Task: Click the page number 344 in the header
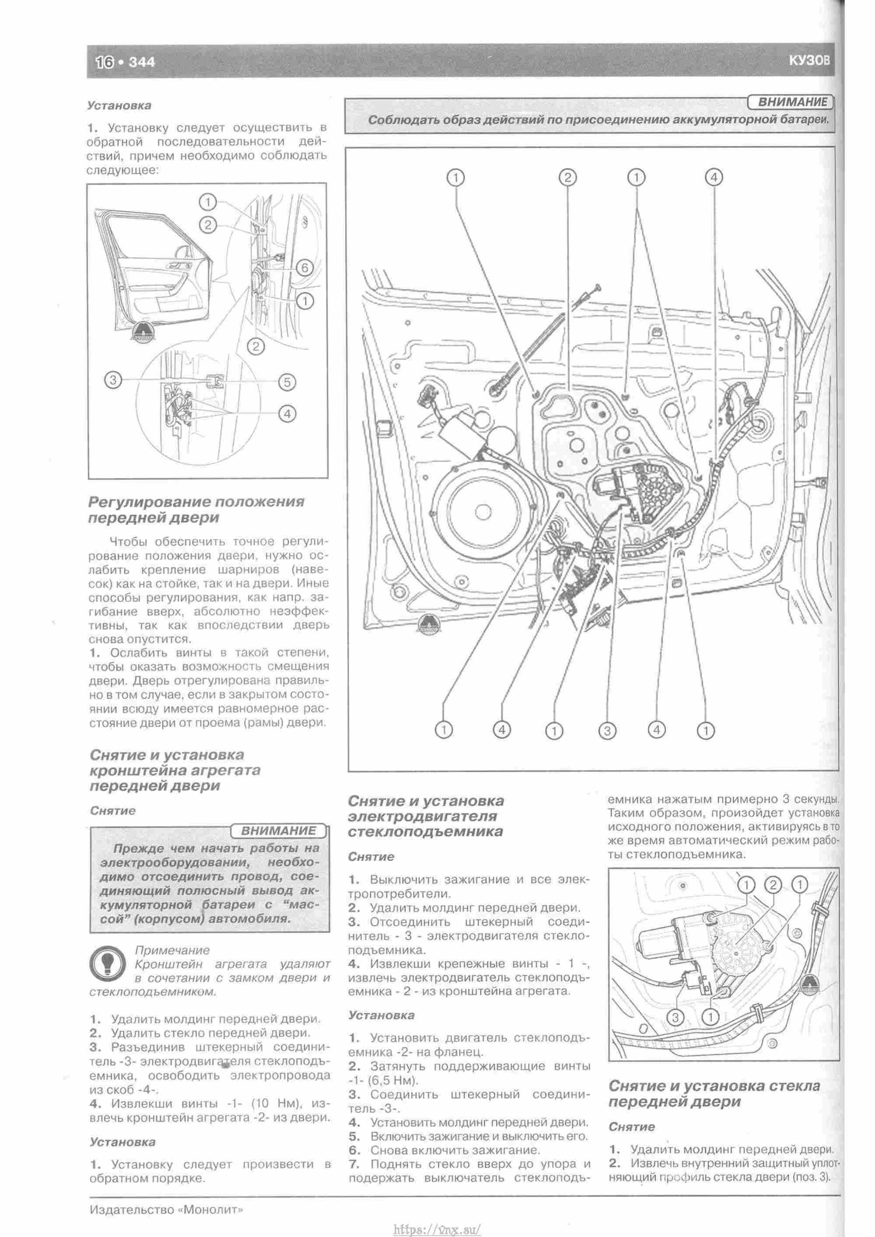pyautogui.click(x=142, y=63)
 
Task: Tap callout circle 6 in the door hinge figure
pyautogui.click(x=305, y=268)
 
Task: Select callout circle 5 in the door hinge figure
pyautogui.click(x=287, y=382)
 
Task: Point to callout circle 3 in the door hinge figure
pyautogui.click(x=112, y=380)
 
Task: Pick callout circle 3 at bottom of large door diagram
pyautogui.click(x=607, y=731)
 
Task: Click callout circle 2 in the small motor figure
pyautogui.click(x=773, y=885)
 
